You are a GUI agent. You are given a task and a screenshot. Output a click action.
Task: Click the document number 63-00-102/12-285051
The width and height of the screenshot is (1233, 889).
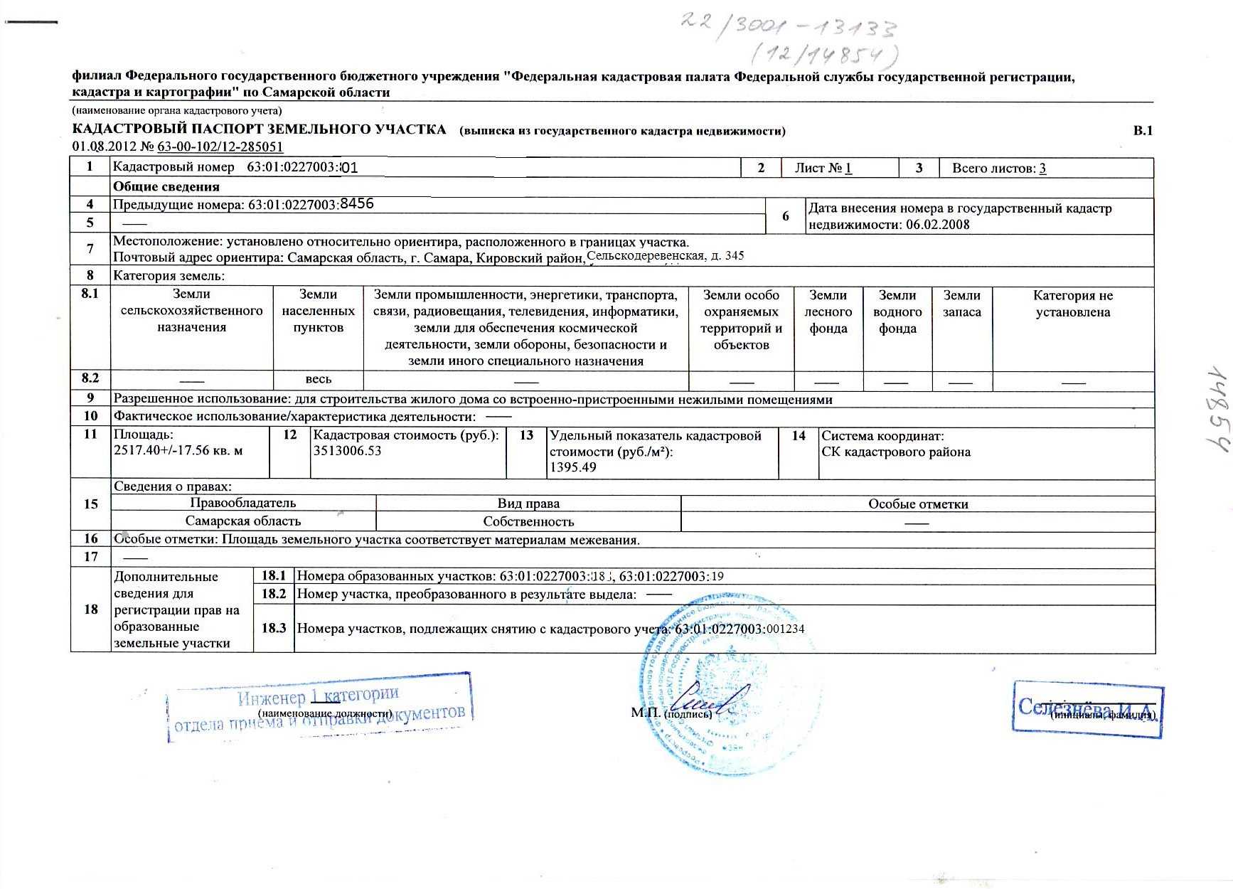click(x=220, y=147)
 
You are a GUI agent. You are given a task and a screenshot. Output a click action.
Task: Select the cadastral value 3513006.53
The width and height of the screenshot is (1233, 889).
click(x=347, y=451)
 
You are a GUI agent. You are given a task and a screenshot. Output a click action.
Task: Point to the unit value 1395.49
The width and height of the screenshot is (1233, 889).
click(x=572, y=467)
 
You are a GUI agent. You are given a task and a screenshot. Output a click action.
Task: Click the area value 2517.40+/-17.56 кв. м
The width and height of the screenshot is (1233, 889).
click(x=178, y=450)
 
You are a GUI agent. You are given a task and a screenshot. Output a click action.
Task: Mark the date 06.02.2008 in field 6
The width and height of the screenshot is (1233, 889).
click(x=937, y=225)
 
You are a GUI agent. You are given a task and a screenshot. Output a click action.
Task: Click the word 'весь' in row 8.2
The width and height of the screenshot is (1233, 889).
click(x=318, y=379)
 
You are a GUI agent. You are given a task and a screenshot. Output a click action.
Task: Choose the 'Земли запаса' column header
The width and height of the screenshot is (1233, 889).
click(x=961, y=304)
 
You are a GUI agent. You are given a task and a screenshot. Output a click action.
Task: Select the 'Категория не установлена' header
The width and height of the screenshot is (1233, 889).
click(x=1072, y=304)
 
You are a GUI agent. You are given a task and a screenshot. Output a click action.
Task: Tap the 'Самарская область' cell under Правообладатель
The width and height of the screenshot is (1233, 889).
click(x=242, y=521)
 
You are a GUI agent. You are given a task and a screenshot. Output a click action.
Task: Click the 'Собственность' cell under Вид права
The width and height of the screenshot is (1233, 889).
click(x=528, y=521)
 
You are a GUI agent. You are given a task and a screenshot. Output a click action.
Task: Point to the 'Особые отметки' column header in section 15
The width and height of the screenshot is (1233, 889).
click(x=917, y=504)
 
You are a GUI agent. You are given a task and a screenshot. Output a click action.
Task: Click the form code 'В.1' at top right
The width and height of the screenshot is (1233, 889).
click(x=1142, y=130)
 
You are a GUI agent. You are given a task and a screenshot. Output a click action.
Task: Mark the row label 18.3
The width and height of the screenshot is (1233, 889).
click(x=274, y=628)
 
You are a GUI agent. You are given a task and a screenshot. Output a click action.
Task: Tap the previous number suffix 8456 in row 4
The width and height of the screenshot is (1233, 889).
click(x=357, y=204)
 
